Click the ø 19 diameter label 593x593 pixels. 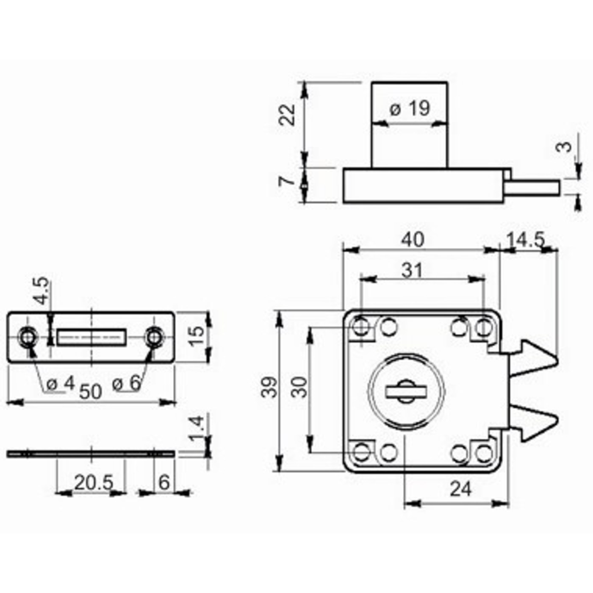tap(410, 109)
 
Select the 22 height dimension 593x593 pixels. tap(287, 115)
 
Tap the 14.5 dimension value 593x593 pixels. tap(526, 240)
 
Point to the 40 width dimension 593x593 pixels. tap(413, 240)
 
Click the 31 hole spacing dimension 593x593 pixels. tap(412, 271)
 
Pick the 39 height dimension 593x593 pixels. tap(269, 388)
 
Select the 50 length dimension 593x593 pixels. tap(91, 392)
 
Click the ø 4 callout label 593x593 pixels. tap(61, 384)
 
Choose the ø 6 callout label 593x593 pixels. tap(126, 384)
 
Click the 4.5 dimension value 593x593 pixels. tap(41, 291)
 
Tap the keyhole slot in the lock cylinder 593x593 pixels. tap(406, 391)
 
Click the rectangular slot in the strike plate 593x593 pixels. tap(91, 337)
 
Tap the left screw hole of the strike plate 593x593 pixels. tap(28, 337)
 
